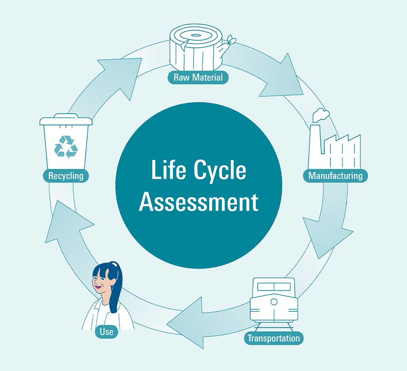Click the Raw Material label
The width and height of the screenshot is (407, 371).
(198, 78)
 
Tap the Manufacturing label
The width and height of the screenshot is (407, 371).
(335, 176)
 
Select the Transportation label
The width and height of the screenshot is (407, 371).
(274, 339)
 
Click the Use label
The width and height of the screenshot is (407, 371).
(107, 332)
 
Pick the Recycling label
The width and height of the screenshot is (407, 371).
(66, 176)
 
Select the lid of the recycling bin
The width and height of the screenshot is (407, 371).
(66, 120)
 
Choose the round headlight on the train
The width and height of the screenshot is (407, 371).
(274, 302)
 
